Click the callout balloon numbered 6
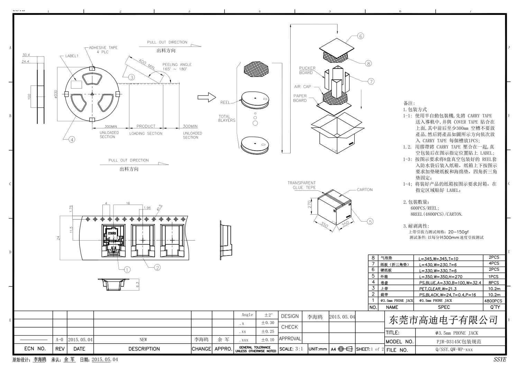361,36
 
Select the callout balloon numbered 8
368,63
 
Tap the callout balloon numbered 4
72,140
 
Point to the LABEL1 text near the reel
72,56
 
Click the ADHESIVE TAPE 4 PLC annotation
103,50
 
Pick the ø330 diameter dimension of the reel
55,94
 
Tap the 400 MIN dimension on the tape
146,65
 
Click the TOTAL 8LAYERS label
227,118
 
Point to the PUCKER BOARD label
307,70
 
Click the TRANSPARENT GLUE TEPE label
301,185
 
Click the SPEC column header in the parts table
444,307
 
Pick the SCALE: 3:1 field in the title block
291,349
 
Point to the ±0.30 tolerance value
267,323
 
